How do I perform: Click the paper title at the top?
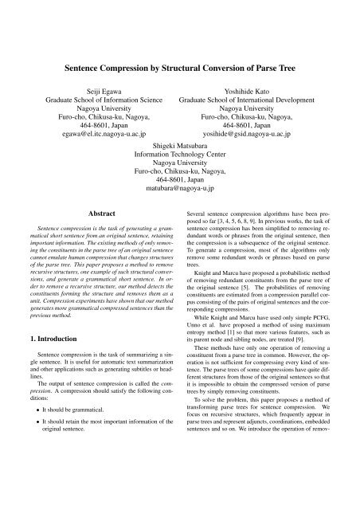tap(179, 69)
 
